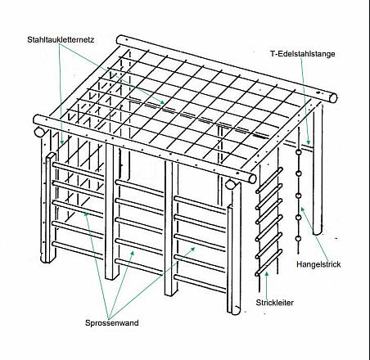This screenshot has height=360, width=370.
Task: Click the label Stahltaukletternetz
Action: click(61, 39)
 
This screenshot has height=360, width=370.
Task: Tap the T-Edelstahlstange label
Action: click(303, 54)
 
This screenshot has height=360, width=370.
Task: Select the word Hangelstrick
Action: click(318, 264)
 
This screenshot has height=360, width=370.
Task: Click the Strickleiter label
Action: click(274, 303)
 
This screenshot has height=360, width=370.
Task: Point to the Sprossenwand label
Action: click(112, 323)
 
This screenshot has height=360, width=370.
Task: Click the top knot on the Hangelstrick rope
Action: click(299, 152)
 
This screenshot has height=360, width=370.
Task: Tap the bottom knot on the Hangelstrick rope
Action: click(299, 239)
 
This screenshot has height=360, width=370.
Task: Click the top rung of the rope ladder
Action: click(268, 180)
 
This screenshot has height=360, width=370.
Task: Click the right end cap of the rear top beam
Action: click(333, 98)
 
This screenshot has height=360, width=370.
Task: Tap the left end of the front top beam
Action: click(37, 120)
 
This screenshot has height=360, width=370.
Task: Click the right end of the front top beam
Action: click(252, 178)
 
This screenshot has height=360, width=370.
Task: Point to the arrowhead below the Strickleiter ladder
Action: click(267, 274)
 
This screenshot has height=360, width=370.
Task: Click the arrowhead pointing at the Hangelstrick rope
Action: click(303, 209)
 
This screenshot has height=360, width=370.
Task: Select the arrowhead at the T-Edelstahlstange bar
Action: click(309, 142)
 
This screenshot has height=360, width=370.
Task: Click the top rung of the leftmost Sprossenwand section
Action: click(78, 171)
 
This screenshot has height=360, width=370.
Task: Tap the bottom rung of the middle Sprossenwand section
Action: click(139, 267)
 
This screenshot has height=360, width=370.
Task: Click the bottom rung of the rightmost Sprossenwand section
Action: click(201, 284)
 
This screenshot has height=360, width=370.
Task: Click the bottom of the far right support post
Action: click(318, 232)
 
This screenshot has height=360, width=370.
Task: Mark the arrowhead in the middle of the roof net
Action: click(162, 102)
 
